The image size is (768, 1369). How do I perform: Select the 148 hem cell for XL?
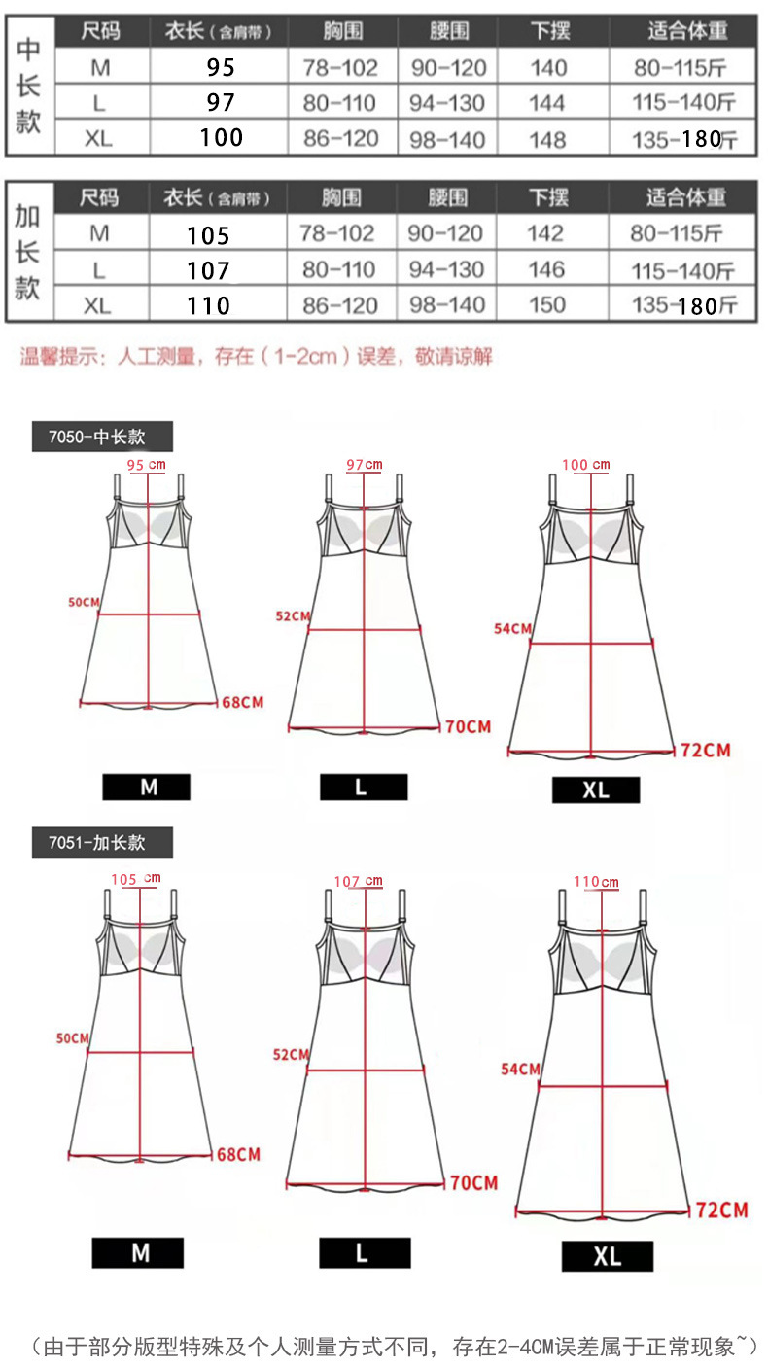click(548, 138)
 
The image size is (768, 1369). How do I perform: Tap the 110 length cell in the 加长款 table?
click(209, 305)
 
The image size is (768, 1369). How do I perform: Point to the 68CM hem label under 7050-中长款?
click(242, 702)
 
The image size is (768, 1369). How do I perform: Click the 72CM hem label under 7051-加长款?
click(722, 1211)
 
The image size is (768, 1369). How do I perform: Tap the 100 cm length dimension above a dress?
click(588, 465)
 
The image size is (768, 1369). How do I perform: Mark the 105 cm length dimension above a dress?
click(136, 879)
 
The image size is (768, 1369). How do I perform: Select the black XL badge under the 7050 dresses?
click(595, 790)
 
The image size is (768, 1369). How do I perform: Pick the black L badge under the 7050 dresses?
click(363, 787)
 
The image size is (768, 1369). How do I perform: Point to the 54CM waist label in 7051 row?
click(520, 1070)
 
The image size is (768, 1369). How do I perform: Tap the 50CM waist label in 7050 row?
click(85, 603)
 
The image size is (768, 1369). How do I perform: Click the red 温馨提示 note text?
click(257, 356)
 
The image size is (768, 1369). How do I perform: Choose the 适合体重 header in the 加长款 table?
click(686, 197)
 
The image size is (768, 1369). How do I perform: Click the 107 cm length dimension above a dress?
click(358, 882)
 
